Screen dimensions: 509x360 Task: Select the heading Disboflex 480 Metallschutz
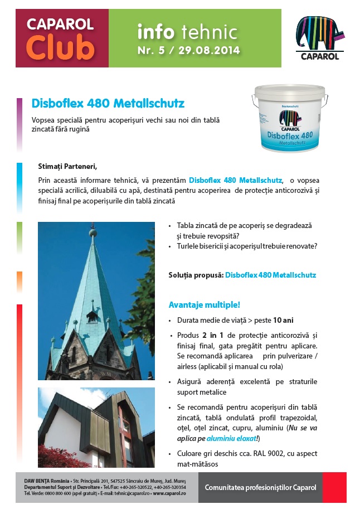[108, 104]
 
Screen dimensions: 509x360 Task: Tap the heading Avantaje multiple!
[205, 304]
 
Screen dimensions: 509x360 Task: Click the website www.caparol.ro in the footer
[169, 493]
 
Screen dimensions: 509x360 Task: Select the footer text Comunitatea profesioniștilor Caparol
[260, 487]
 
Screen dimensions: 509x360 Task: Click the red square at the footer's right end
[334, 487]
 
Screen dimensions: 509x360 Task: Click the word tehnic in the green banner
[212, 32]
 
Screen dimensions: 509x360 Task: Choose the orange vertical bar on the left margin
[20, 282]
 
